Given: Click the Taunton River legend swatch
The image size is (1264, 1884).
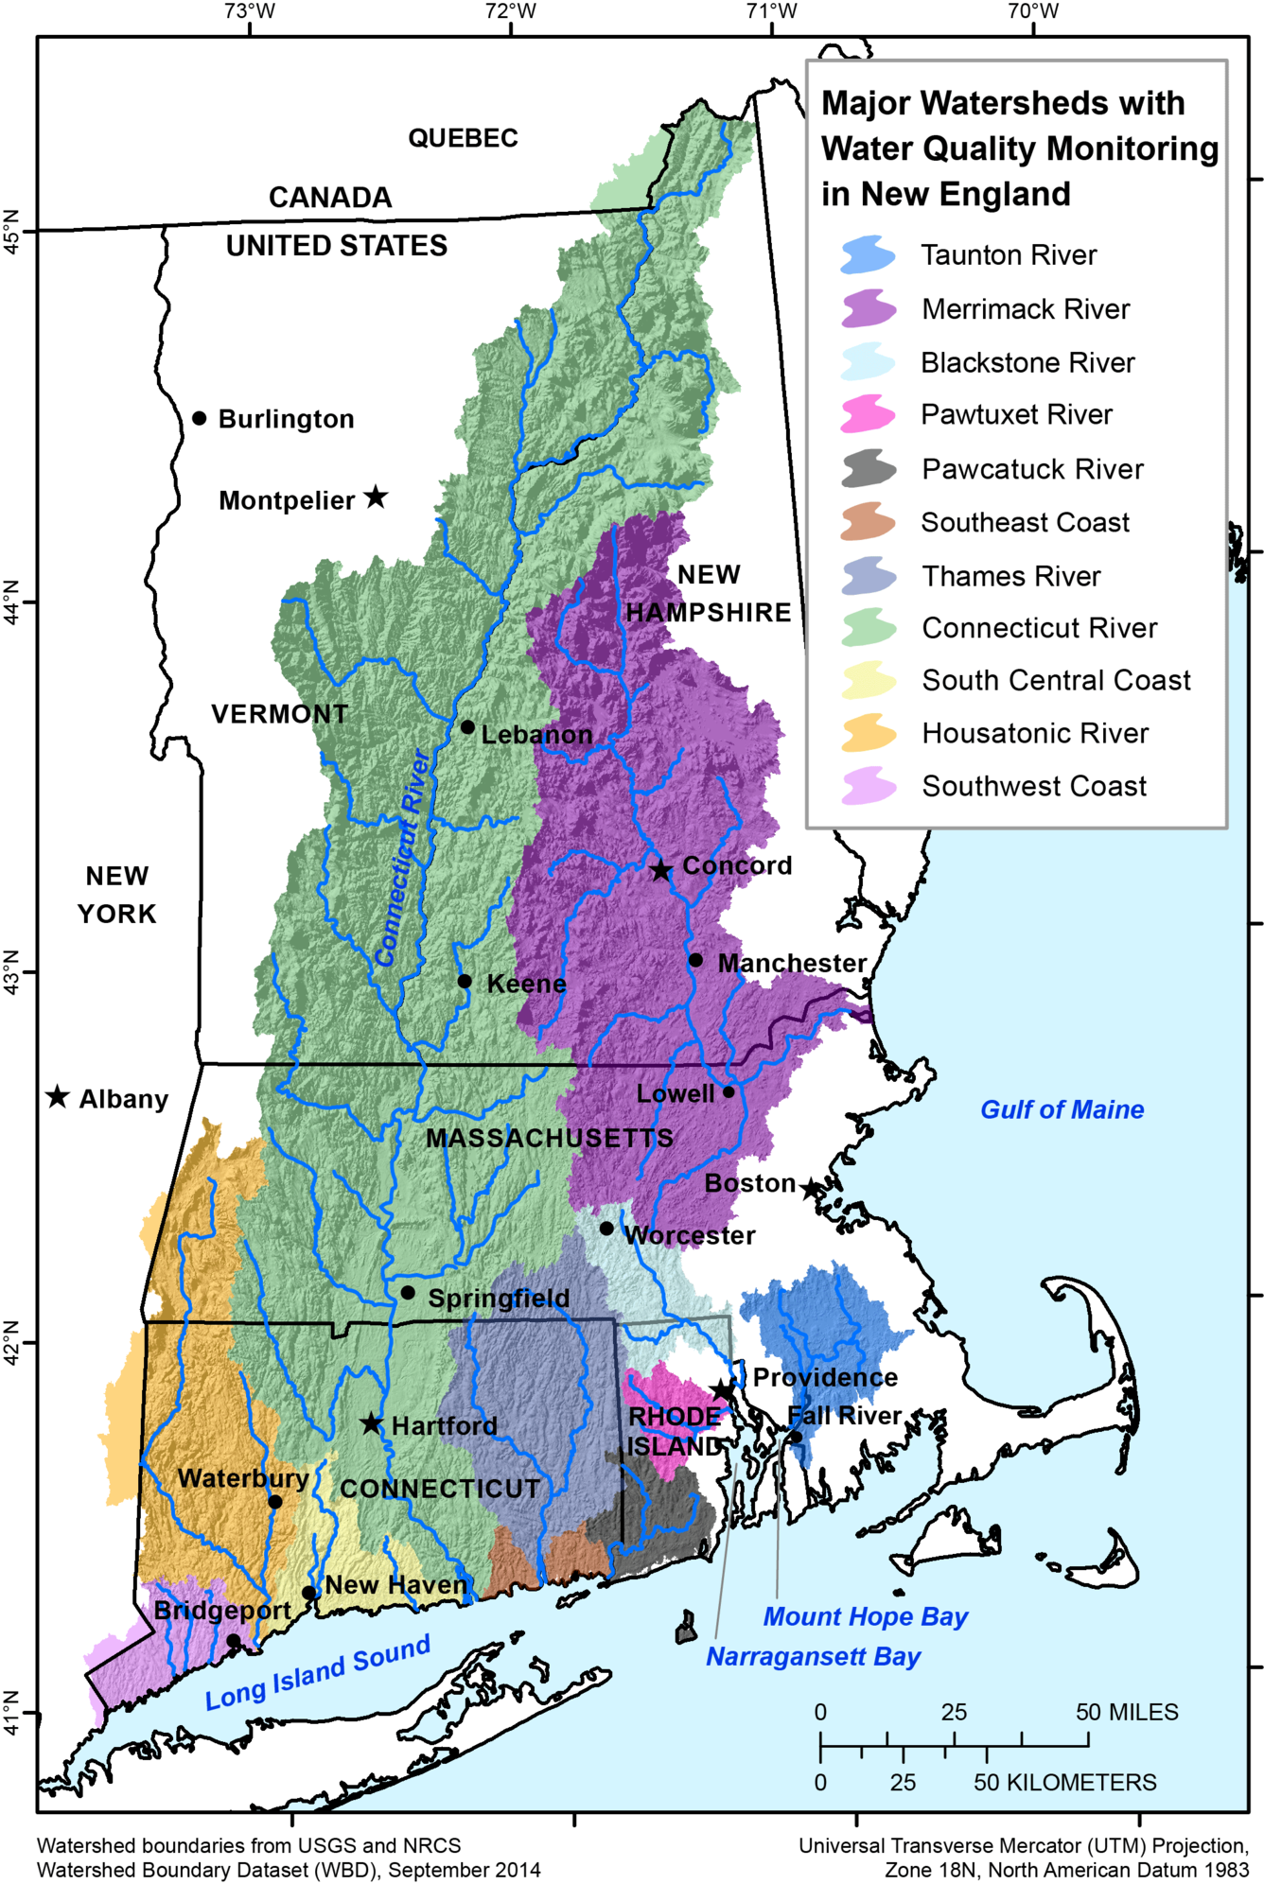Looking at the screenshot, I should pyautogui.click(x=868, y=255).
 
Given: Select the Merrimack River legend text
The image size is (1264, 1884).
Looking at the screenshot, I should pyautogui.click(x=1026, y=309).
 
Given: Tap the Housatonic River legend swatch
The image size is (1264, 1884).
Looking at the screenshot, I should pyautogui.click(x=868, y=733).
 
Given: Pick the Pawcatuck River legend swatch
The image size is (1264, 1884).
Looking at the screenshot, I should pyautogui.click(x=868, y=468).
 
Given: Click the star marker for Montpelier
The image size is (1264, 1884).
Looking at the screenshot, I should pyautogui.click(x=376, y=497).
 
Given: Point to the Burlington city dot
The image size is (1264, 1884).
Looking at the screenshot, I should pyautogui.click(x=200, y=418).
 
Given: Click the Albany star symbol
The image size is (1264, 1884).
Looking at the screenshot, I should pyautogui.click(x=58, y=1096).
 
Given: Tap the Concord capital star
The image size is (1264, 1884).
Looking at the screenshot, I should pyautogui.click(x=660, y=870).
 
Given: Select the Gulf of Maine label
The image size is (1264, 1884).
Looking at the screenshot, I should pyautogui.click(x=1062, y=1109).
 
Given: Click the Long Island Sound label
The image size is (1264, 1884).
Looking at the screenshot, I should pyautogui.click(x=318, y=1672).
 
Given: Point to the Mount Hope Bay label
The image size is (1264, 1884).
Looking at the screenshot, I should pyautogui.click(x=865, y=1616).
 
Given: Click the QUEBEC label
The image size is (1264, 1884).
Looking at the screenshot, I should pyautogui.click(x=463, y=138).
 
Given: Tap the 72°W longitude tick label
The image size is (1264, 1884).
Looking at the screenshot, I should pyautogui.click(x=511, y=11).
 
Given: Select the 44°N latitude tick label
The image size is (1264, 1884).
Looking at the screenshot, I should pyautogui.click(x=11, y=601).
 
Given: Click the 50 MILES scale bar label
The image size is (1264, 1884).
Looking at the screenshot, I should pyautogui.click(x=1126, y=1712).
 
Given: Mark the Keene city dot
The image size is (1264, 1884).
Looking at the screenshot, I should pyautogui.click(x=465, y=981).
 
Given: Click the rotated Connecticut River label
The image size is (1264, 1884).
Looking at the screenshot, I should pyautogui.click(x=404, y=857).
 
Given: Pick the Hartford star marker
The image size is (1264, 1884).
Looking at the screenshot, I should pyautogui.click(x=371, y=1423).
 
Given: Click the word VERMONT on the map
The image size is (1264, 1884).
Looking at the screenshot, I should pyautogui.click(x=279, y=714).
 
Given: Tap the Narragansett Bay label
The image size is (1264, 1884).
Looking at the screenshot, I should pyautogui.click(x=813, y=1656).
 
